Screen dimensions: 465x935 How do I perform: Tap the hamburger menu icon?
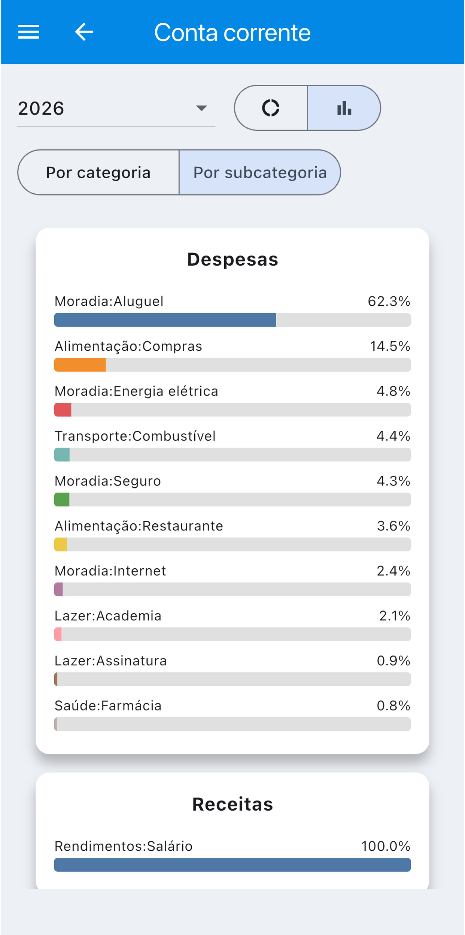pyautogui.click(x=29, y=32)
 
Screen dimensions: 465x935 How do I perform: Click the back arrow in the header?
pyautogui.click(x=84, y=32)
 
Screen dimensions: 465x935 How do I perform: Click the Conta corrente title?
pyautogui.click(x=232, y=33)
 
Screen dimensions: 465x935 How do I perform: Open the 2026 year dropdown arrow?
pyautogui.click(x=201, y=108)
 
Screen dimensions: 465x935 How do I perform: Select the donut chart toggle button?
pyautogui.click(x=271, y=108)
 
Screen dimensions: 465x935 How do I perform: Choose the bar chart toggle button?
pyautogui.click(x=344, y=108)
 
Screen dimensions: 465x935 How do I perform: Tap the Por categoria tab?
pyautogui.click(x=98, y=172)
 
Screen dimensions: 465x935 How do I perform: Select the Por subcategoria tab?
pyautogui.click(x=260, y=172)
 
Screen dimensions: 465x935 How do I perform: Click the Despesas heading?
pyautogui.click(x=232, y=259)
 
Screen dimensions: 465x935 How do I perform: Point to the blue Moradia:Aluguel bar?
pyautogui.click(x=165, y=320)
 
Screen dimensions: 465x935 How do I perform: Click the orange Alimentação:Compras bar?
pyautogui.click(x=80, y=365)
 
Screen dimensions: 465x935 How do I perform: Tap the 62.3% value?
pyautogui.click(x=389, y=301)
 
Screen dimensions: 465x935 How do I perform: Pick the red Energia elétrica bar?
pyautogui.click(x=63, y=410)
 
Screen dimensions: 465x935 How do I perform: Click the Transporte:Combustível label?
pyautogui.click(x=135, y=436)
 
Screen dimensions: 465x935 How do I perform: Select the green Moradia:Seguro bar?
pyautogui.click(x=62, y=500)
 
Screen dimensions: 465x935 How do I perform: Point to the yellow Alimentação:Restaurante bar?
pyautogui.click(x=61, y=545)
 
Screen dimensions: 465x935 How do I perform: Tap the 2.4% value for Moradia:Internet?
pyautogui.click(x=393, y=571)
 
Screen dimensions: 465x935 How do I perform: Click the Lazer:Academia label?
pyautogui.click(x=108, y=616)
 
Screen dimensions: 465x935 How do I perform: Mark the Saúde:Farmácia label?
pyautogui.click(x=108, y=706)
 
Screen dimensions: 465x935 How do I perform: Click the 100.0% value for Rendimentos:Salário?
pyautogui.click(x=386, y=846)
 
